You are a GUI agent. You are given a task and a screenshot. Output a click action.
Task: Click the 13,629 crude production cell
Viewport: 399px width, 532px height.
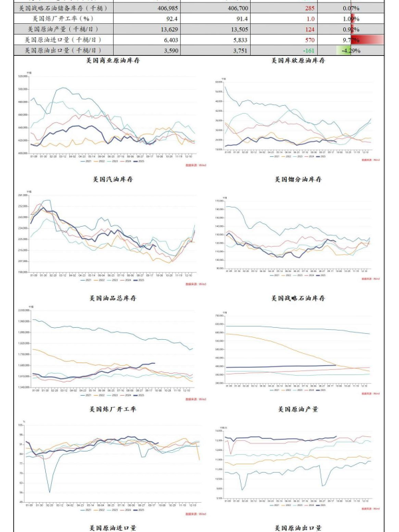tap(164, 29)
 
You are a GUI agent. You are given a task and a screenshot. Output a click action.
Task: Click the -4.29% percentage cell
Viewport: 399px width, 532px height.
tap(350, 50)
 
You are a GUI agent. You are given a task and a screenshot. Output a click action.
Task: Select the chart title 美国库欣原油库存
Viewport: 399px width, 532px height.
tap(299, 61)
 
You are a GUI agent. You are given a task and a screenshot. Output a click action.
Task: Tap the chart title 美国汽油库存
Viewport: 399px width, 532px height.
tap(111, 180)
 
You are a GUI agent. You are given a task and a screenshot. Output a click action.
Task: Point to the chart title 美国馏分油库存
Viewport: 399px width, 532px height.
tap(299, 180)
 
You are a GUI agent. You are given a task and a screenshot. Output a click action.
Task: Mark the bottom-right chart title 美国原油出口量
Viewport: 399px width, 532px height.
tap(299, 527)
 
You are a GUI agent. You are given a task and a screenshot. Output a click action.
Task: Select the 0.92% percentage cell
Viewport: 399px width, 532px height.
tap(350, 29)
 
